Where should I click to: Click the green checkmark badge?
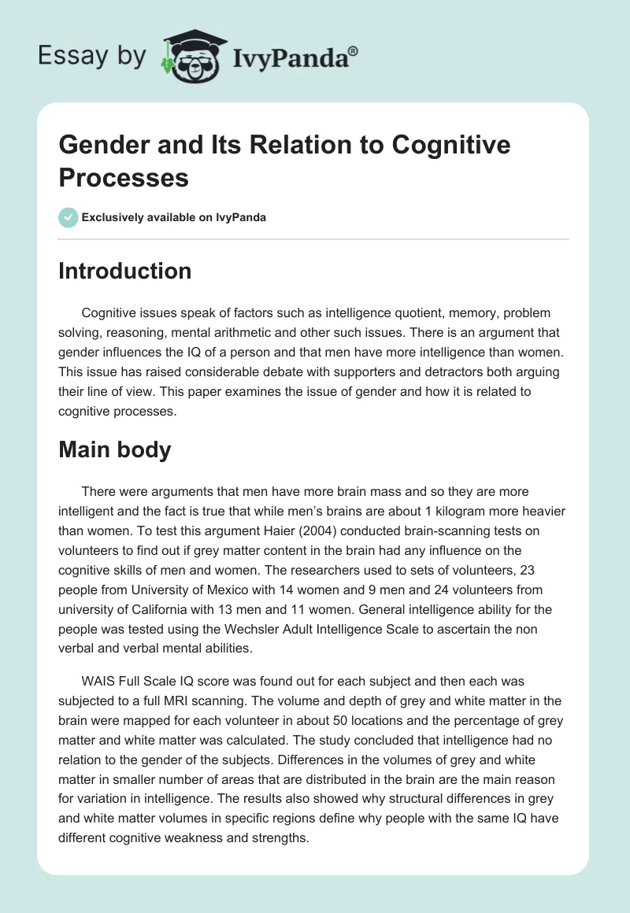point(69,217)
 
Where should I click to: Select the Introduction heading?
point(125,271)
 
